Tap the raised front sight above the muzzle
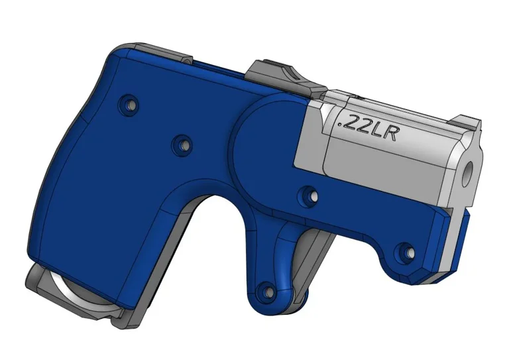467,121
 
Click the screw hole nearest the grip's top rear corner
128,104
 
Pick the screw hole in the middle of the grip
181,143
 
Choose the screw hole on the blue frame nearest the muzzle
405,251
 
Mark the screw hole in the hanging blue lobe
266,290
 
